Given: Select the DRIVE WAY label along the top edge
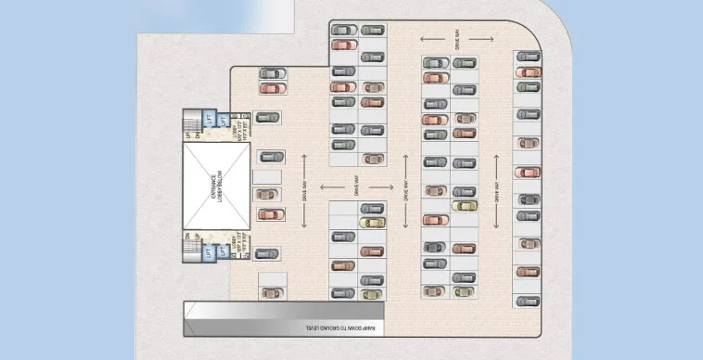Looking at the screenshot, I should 458,39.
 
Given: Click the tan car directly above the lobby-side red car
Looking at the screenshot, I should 267,195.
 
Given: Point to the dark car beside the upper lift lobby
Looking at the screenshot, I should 267,119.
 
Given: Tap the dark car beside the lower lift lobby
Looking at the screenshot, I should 267,253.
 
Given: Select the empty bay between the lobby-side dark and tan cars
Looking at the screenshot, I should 267,176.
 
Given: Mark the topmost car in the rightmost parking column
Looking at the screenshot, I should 529,58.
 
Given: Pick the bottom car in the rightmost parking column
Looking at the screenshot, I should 529,302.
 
